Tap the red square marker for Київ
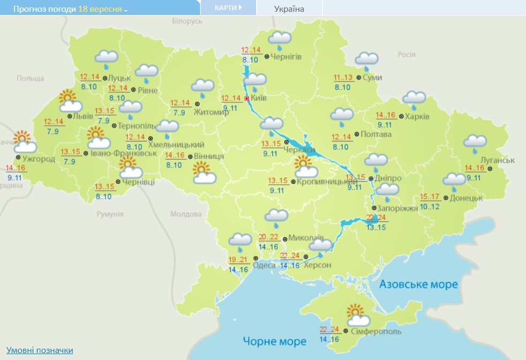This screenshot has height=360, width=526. tap(246, 99)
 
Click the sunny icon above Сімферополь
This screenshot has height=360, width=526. tap(357, 316)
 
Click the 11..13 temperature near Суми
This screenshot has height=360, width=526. tap(343, 78)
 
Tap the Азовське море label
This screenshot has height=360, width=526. tap(418, 284)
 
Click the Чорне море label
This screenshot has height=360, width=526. tap(274, 341)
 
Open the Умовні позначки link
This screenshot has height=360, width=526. tap(40, 350)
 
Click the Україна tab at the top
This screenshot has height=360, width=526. tap(289, 9)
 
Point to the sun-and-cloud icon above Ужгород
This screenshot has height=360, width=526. tap(24, 142)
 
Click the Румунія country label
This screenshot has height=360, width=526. tap(110, 214)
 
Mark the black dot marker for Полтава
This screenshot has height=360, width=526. tap(357, 134)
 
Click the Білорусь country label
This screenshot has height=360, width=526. tap(187, 21)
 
